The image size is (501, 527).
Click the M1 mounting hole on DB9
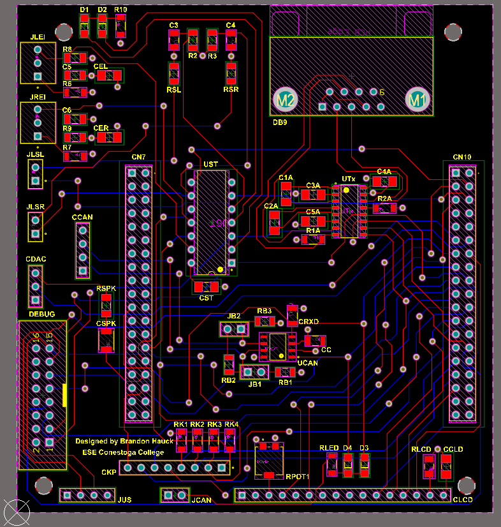417,100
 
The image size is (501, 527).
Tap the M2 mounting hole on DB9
284,100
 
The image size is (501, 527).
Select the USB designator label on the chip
210,165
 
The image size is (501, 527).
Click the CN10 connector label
462,157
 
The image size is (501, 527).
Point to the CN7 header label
138,157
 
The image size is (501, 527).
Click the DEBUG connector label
41,315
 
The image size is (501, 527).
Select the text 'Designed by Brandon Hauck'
124,441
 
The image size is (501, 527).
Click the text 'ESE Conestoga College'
123,452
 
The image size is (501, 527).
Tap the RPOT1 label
298,477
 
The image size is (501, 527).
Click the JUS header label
125,500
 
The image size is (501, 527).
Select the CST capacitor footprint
206,287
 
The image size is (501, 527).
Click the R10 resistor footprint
120,27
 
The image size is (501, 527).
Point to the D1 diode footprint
85,26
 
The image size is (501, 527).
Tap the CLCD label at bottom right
462,500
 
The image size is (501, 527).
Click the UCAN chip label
307,362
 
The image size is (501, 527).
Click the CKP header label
109,473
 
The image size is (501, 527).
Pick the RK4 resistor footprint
229,441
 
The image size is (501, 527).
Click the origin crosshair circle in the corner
16,512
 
